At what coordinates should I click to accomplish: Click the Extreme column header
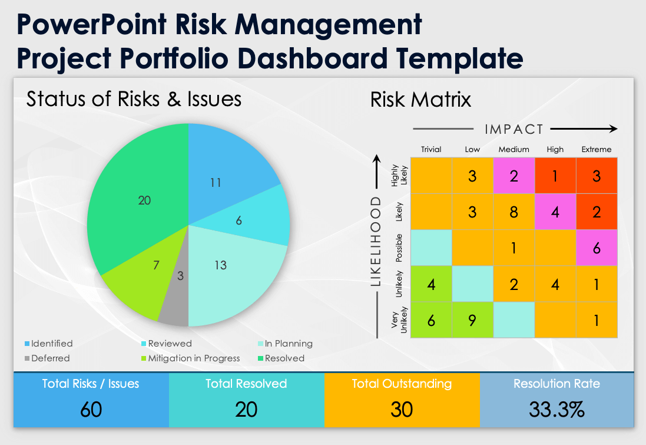[597, 150]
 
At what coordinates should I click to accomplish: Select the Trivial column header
[431, 150]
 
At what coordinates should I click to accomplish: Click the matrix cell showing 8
[514, 212]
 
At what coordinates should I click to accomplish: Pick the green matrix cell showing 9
[472, 320]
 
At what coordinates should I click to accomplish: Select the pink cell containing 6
[597, 248]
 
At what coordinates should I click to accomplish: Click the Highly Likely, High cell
[555, 176]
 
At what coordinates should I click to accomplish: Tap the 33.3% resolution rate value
[556, 409]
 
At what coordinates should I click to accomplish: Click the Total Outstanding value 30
[402, 409]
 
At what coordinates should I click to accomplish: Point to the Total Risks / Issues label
[91, 384]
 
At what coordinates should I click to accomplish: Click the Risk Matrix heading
[420, 100]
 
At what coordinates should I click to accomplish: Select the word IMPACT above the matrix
[514, 129]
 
